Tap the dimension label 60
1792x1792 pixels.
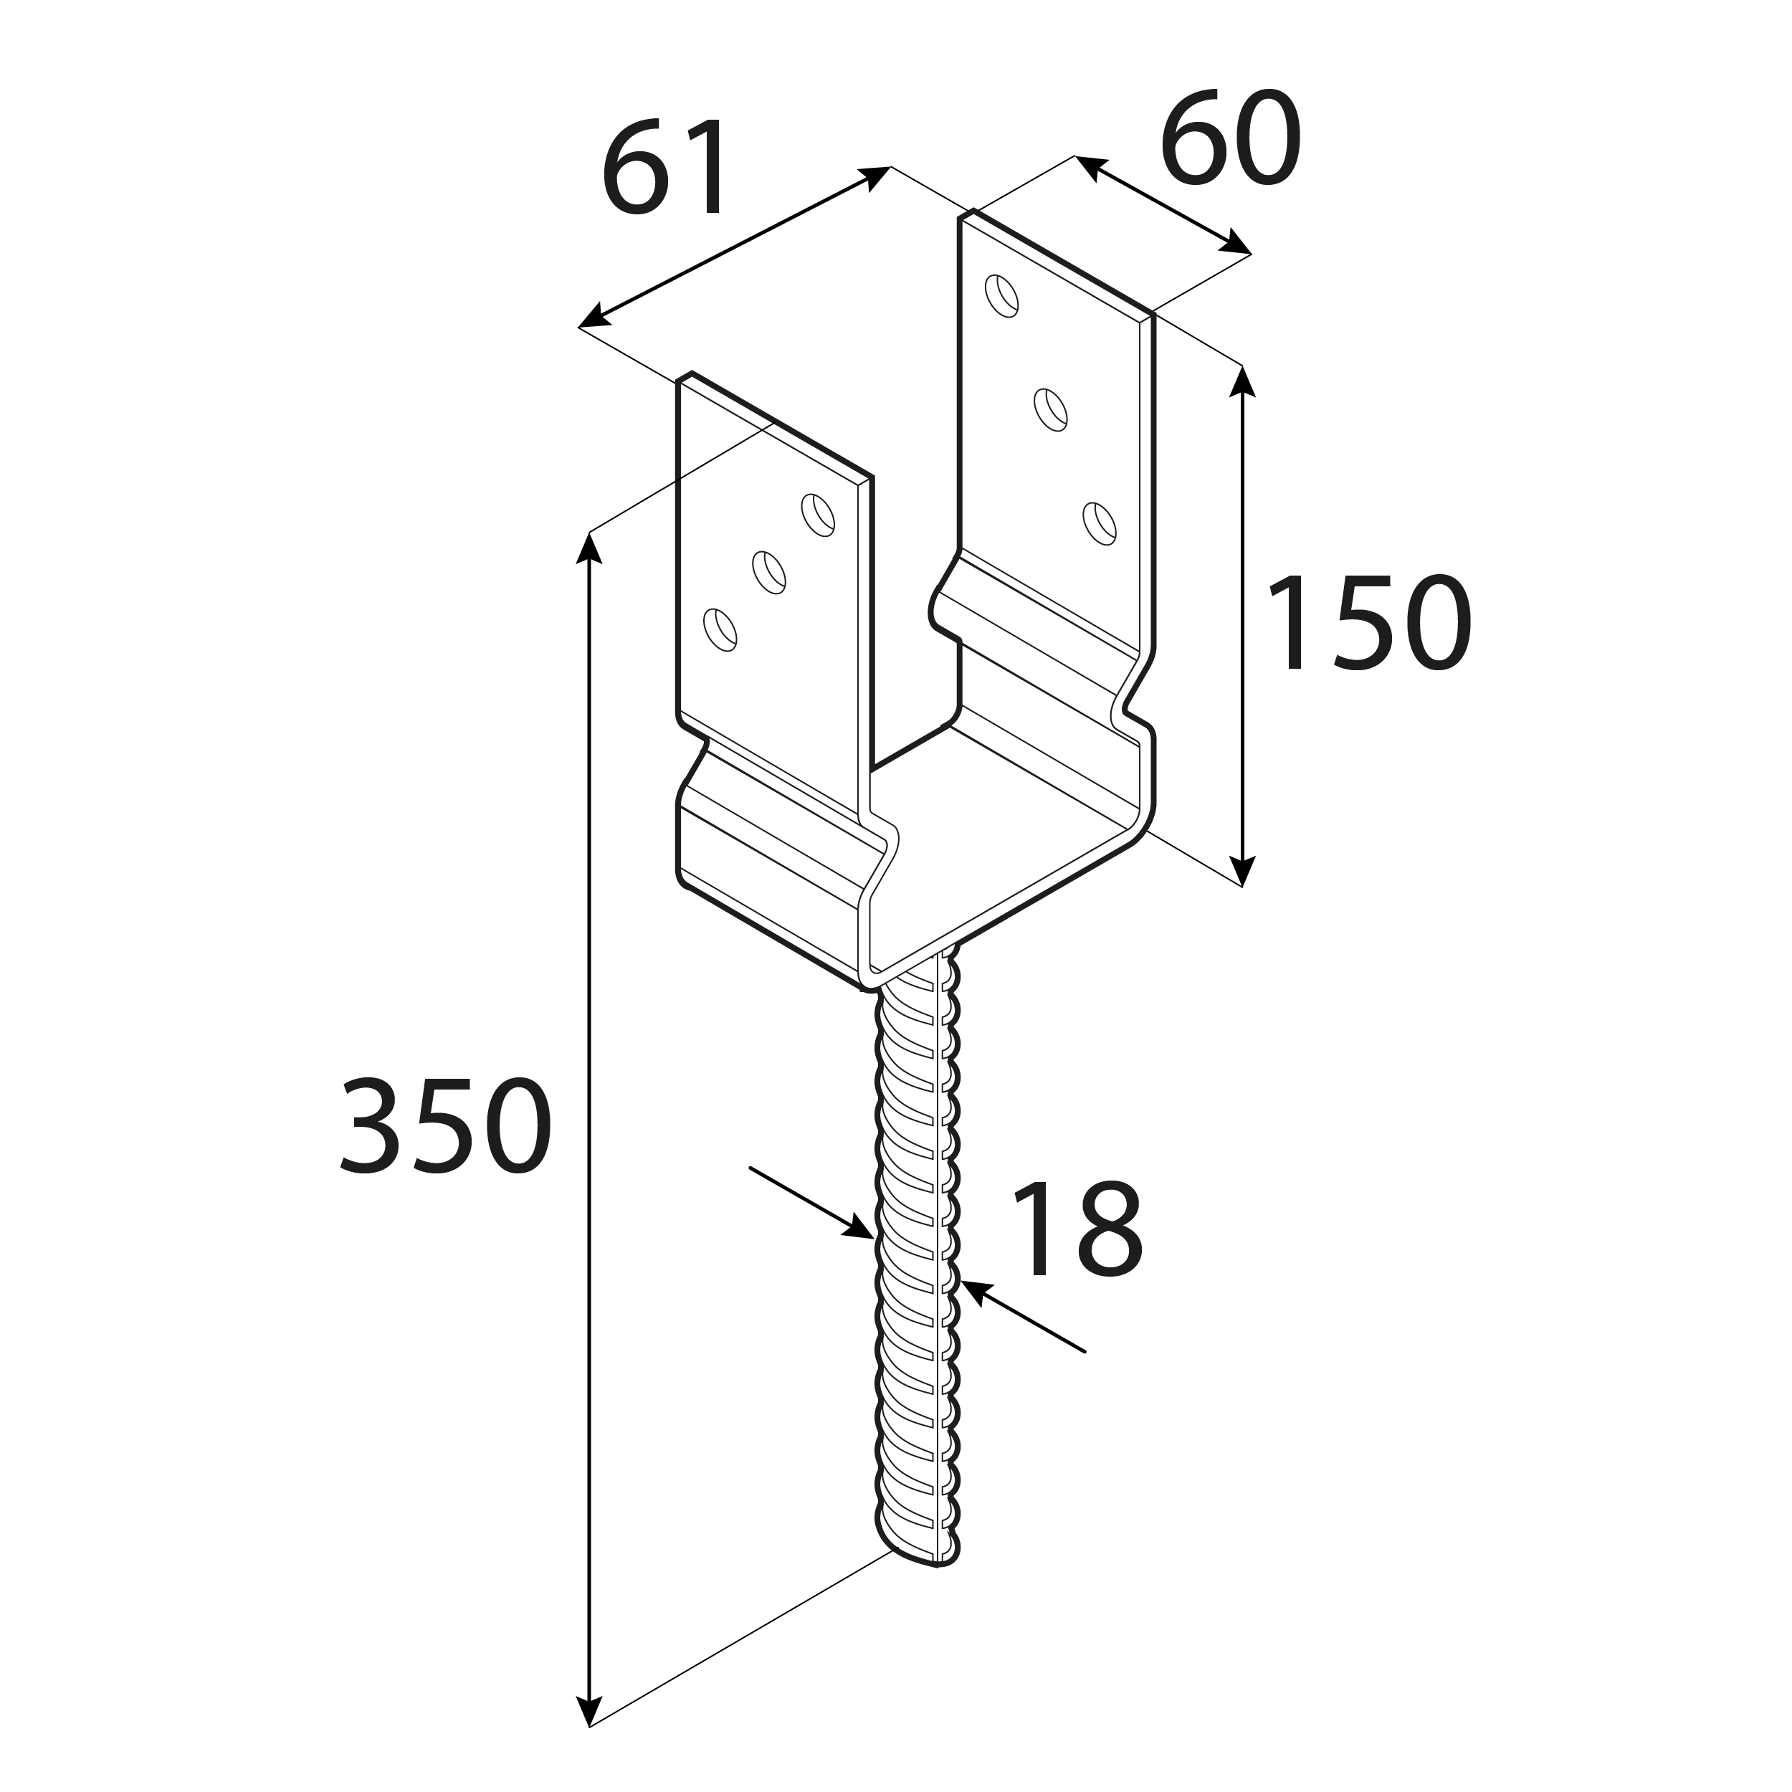1230,138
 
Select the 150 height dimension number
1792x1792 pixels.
1369,622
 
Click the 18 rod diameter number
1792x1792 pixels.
1077,1230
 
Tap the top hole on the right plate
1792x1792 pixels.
1002,295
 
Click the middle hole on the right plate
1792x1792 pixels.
1051,409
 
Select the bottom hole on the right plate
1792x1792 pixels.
1099,523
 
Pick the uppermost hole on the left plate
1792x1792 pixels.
817,515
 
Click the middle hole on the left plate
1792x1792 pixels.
769,572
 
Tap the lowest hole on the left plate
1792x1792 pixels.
720,630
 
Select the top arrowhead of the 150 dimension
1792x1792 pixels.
1242,381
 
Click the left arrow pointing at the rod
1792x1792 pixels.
811,1203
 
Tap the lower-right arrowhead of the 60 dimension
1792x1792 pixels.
1234,244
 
